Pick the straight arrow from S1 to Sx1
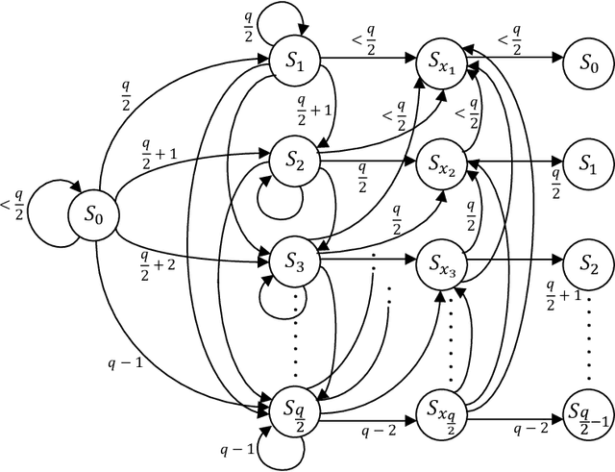[367, 60]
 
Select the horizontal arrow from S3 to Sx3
[367, 259]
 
